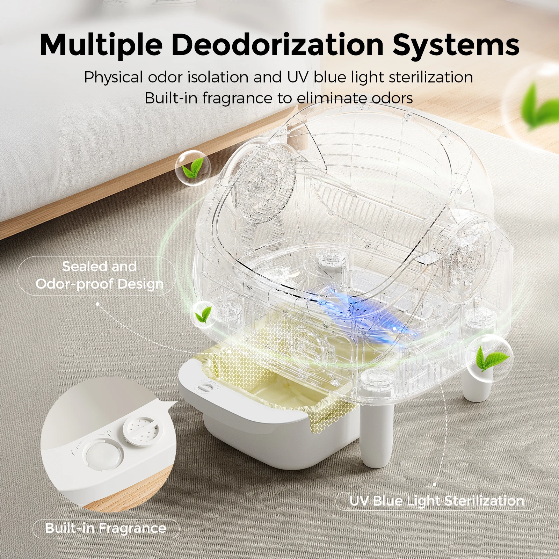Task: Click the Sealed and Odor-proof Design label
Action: [x=100, y=275]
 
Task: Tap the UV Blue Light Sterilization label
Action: [x=437, y=501]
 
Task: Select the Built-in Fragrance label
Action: [x=106, y=528]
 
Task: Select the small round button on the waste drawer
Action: [x=204, y=388]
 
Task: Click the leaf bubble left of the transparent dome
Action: [x=193, y=168]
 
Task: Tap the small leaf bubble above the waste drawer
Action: [x=203, y=314]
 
